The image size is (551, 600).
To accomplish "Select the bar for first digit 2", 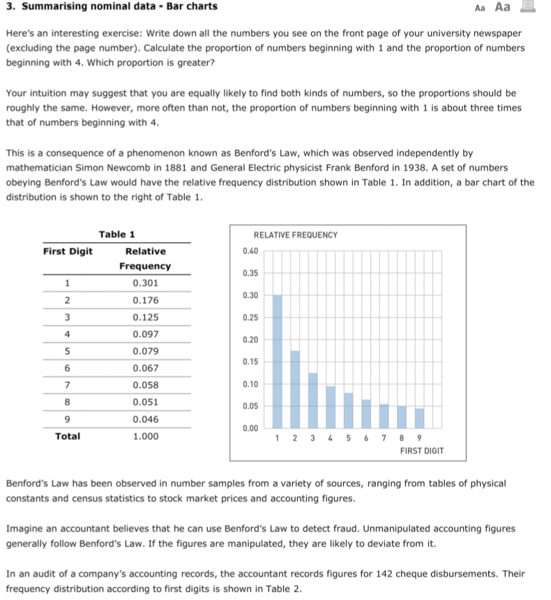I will [295, 389].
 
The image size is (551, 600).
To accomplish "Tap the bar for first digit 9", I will [419, 418].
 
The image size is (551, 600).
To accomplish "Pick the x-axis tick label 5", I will [347, 438].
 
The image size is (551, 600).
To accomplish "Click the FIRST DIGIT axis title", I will [422, 451].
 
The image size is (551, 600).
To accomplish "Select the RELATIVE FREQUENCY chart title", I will [295, 236].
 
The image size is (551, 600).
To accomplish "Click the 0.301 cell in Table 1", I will [145, 283].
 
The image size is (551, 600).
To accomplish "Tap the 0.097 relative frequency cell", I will [145, 334].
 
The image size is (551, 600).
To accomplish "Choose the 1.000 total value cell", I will [145, 436].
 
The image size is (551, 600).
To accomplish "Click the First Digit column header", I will [68, 251].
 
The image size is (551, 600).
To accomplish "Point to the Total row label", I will [68, 436].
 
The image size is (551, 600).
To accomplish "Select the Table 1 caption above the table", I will [116, 234].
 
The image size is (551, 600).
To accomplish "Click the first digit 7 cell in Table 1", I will [67, 385].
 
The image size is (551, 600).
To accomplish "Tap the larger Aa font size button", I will [502, 7].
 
